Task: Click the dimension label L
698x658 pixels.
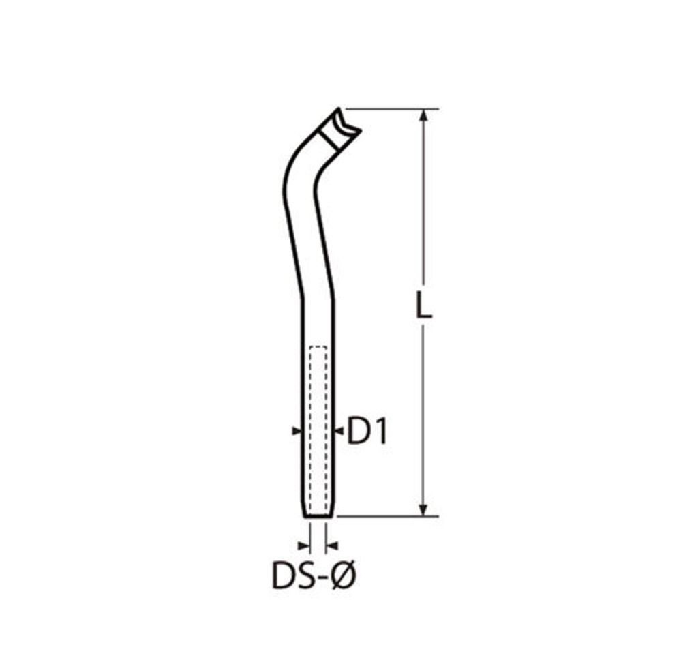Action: click(423, 305)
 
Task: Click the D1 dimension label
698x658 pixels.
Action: click(367, 430)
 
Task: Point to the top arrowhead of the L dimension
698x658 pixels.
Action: click(424, 115)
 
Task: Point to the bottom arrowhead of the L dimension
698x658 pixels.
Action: click(424, 510)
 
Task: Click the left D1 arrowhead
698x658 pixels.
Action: click(297, 430)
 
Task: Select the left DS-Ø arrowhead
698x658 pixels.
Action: click(303, 545)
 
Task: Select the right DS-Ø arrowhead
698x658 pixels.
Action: click(332, 545)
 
